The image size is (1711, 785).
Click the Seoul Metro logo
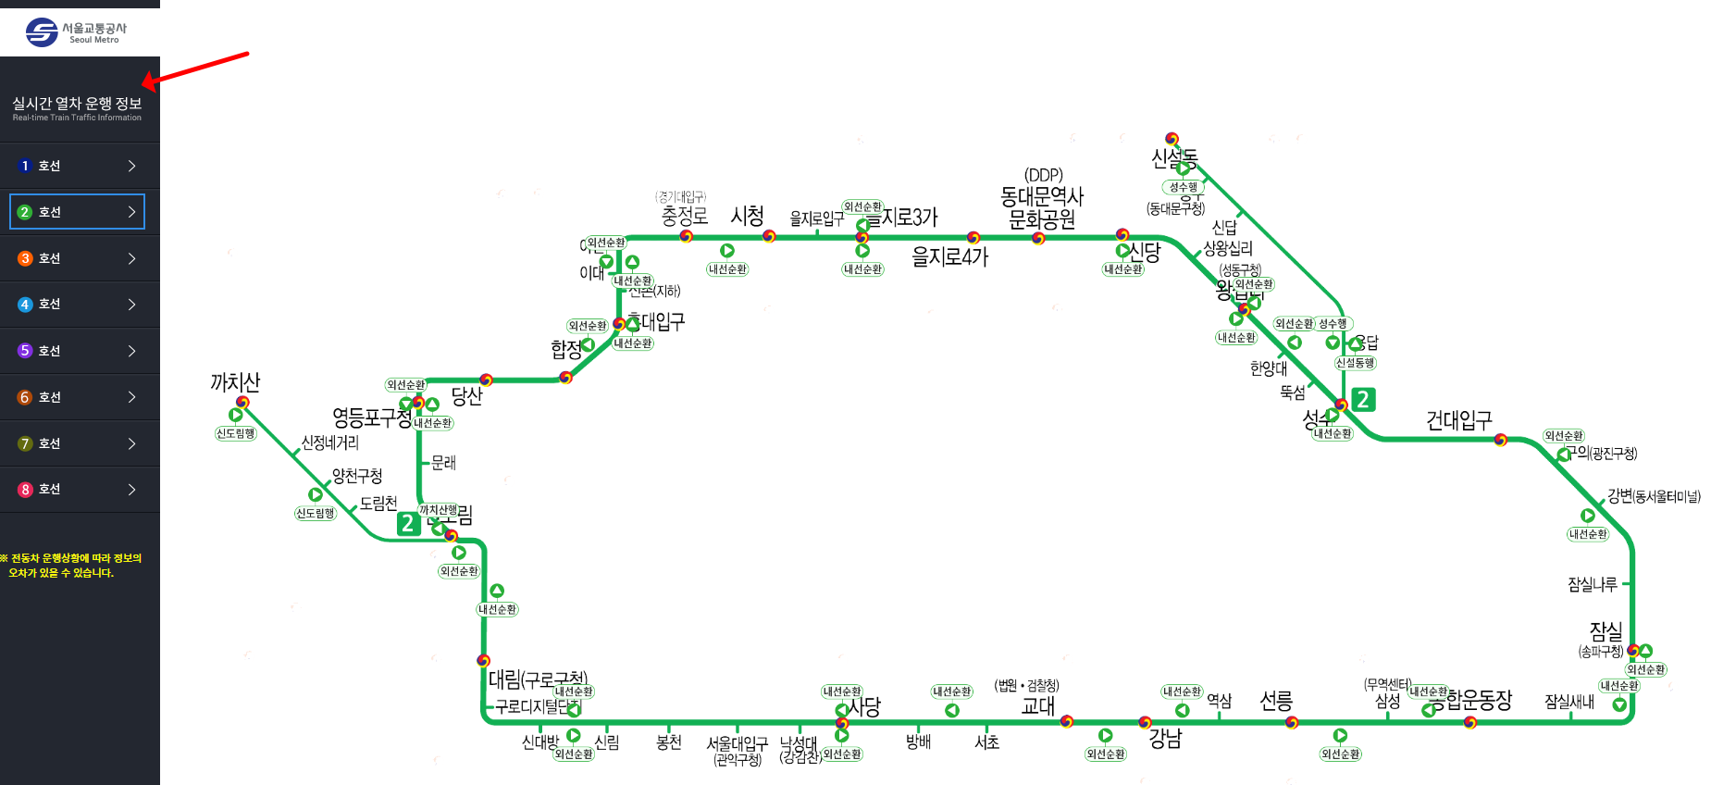tap(76, 32)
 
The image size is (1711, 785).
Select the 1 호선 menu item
tap(80, 166)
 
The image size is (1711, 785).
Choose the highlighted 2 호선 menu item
tap(78, 212)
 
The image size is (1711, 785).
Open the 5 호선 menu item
tap(80, 351)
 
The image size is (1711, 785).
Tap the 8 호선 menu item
tap(80, 490)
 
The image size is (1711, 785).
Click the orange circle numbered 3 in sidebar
tap(25, 258)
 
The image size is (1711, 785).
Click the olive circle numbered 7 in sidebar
tap(25, 443)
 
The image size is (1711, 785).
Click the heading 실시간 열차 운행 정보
tap(77, 104)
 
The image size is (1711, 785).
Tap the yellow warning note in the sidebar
tap(70, 566)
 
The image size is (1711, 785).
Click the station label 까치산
tap(235, 381)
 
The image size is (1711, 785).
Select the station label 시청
tap(747, 216)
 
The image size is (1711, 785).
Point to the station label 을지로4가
tap(949, 256)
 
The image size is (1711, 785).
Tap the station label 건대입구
tap(1458, 421)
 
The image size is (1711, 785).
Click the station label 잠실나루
tap(1592, 584)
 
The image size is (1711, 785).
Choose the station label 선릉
tap(1276, 701)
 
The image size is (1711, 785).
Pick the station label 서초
tap(986, 741)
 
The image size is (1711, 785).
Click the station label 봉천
tap(669, 741)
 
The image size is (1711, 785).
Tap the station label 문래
tap(443, 462)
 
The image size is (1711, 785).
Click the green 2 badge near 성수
tap(1363, 399)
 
